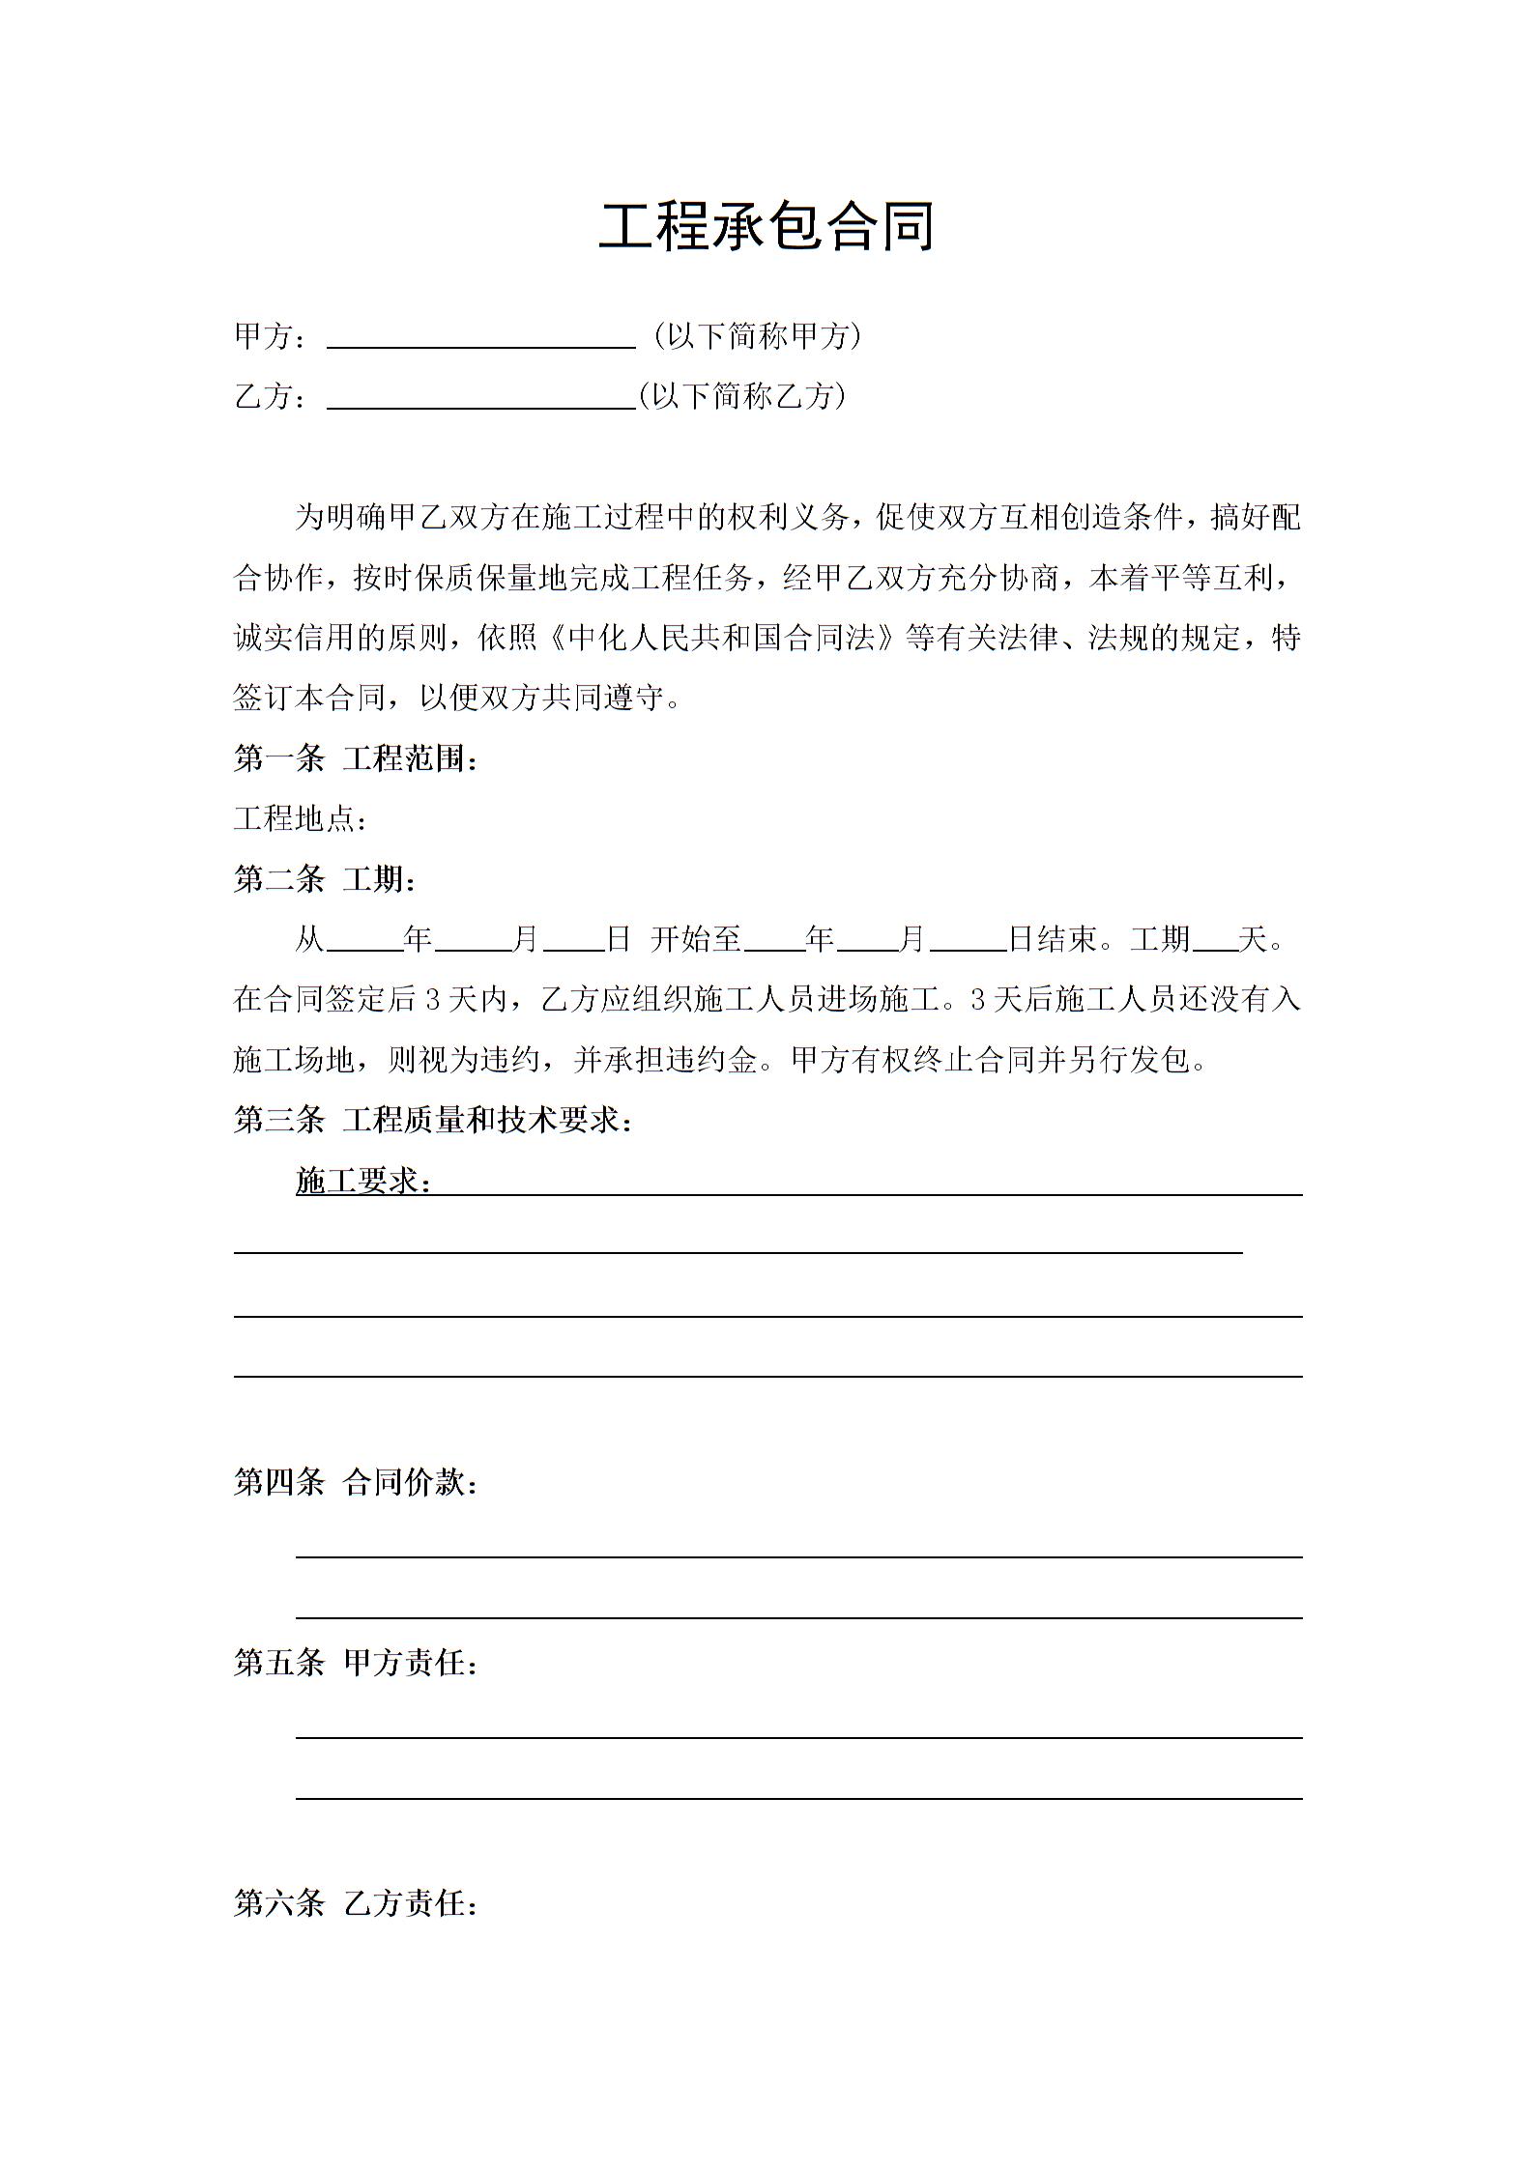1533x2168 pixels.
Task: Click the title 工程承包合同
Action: coord(766,227)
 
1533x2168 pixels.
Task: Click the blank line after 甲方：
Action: coord(480,338)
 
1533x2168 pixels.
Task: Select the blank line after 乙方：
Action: coord(480,398)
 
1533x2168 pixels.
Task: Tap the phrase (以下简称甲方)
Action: coord(757,336)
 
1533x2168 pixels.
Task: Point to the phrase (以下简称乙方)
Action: coord(741,396)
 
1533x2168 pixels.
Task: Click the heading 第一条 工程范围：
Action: coord(357,758)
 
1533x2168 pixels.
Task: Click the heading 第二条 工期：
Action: coord(326,879)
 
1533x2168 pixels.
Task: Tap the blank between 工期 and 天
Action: coord(1215,942)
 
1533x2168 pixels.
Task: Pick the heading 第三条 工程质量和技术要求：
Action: coord(434,1120)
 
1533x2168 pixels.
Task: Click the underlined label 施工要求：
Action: coord(363,1181)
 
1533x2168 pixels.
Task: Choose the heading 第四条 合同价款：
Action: coord(357,1482)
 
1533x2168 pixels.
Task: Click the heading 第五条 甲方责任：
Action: coord(357,1663)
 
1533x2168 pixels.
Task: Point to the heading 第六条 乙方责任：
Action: coord(357,1904)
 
